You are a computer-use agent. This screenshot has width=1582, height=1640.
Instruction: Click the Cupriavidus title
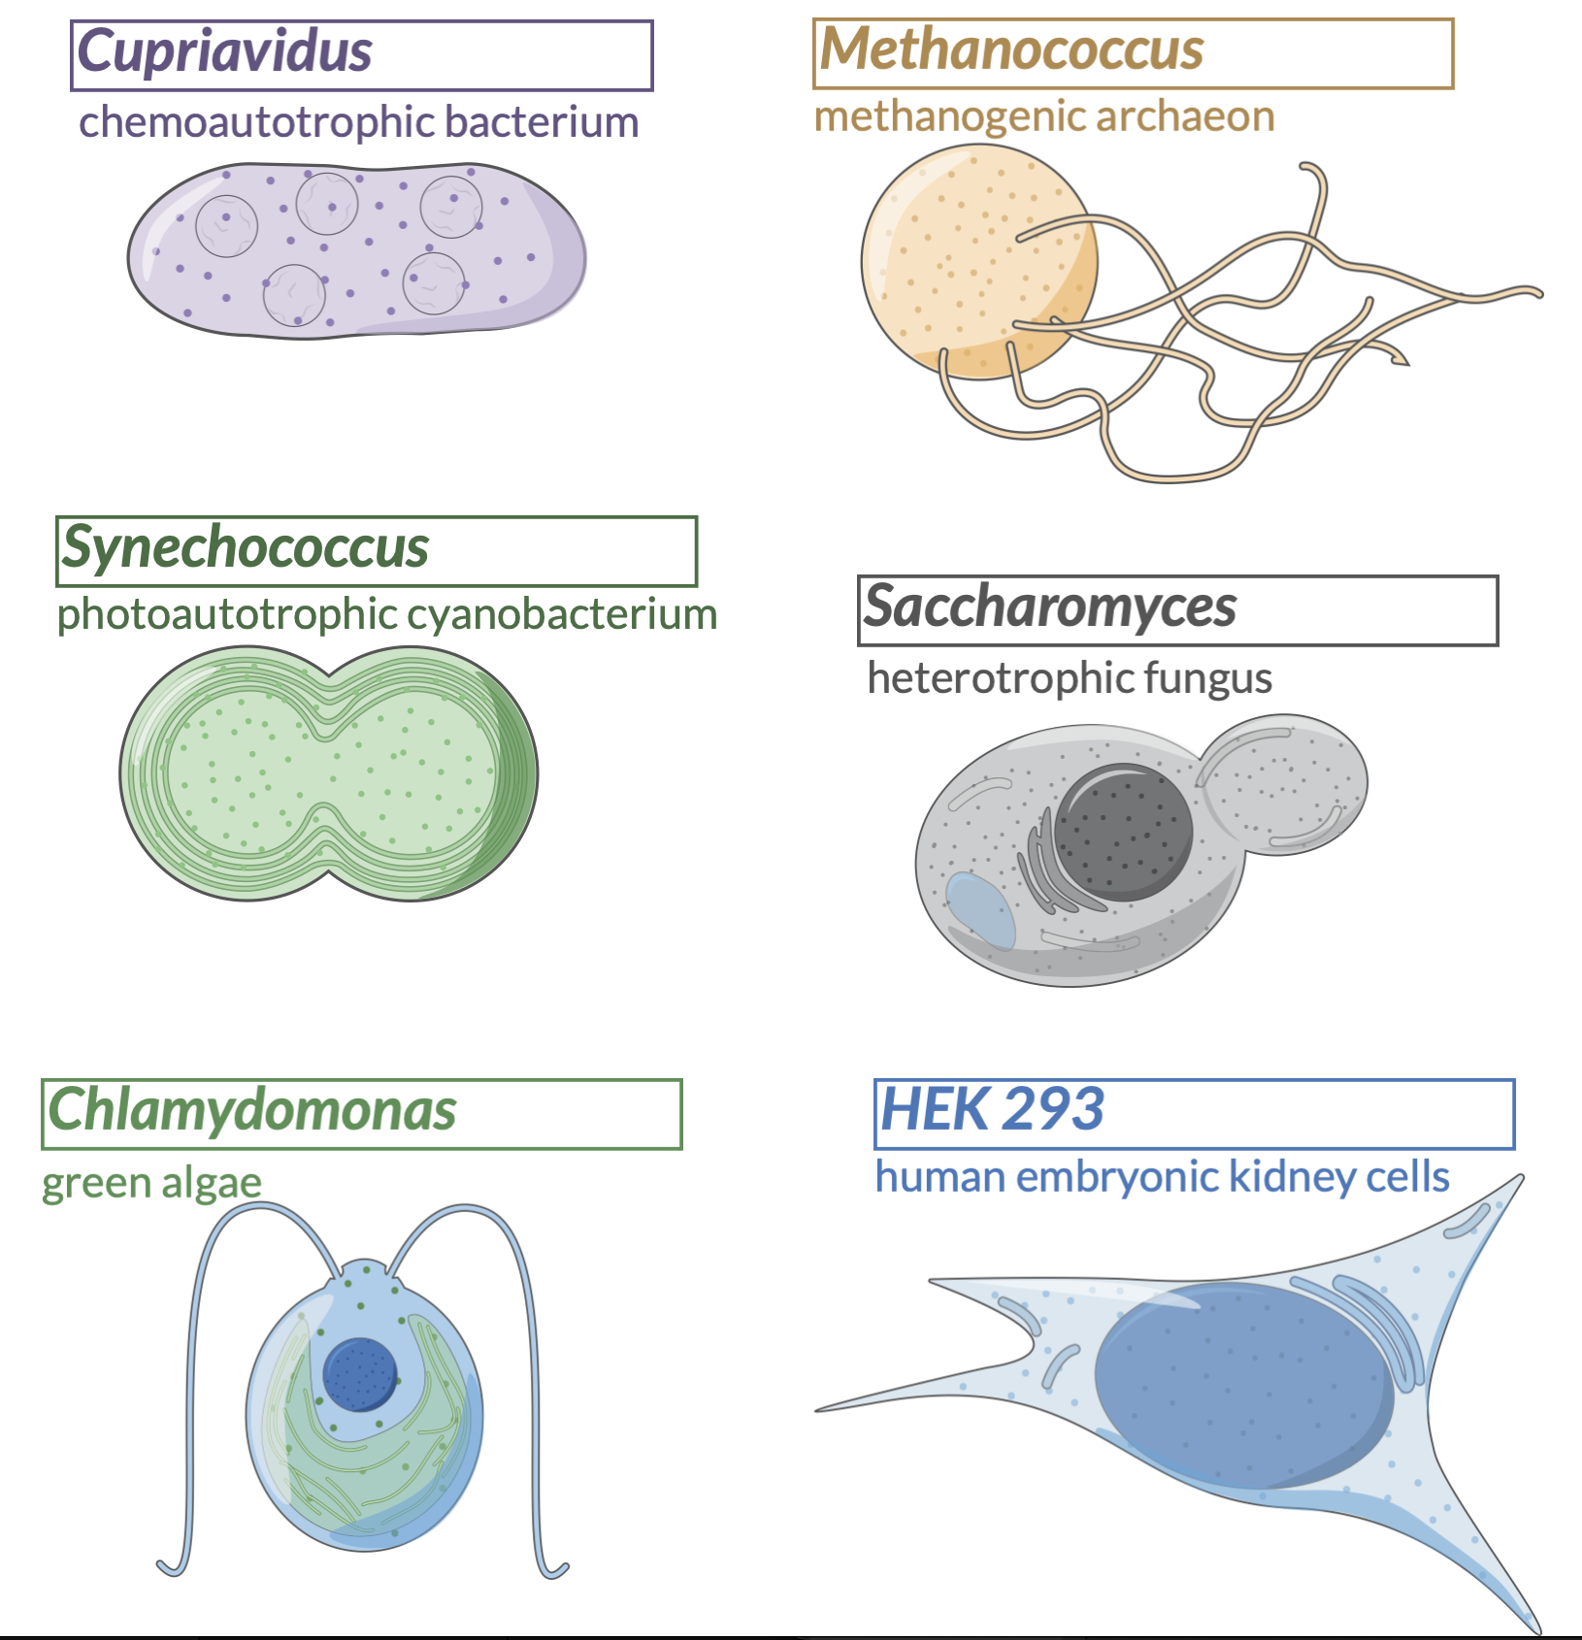pos(225,52)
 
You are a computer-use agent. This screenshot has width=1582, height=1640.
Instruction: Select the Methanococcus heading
pos(1011,49)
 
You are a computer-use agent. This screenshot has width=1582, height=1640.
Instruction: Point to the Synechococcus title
pos(246,548)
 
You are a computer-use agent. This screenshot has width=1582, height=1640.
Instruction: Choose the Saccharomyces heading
pos(1050,607)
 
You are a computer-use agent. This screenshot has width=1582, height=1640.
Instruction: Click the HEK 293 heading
pos(992,1109)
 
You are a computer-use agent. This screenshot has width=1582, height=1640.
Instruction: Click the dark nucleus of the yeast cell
pos(1123,833)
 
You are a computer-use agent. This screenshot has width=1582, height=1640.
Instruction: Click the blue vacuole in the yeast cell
pos(980,910)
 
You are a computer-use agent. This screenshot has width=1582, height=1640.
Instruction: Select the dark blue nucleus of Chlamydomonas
pos(360,1374)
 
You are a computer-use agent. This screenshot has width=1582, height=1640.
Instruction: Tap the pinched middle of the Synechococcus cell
pos(330,773)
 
